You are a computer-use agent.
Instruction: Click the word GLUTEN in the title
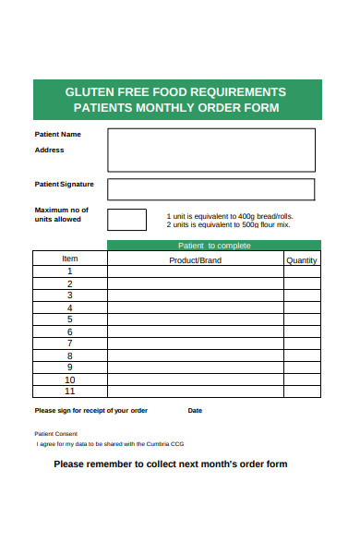tap(88, 92)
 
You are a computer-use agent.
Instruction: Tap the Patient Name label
tap(57, 135)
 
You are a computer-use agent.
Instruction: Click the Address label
tap(49, 150)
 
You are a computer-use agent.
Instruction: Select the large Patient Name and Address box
tap(210, 150)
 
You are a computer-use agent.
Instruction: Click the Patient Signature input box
tap(210, 189)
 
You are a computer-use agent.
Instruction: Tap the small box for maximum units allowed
tap(126, 220)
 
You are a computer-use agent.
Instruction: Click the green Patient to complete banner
tap(214, 246)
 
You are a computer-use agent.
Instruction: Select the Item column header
tap(70, 259)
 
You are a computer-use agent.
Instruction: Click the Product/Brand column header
tap(195, 260)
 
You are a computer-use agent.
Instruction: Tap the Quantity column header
tap(302, 260)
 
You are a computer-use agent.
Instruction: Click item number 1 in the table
tap(70, 271)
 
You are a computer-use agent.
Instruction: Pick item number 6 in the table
tap(70, 331)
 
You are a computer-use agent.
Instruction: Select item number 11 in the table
tap(70, 391)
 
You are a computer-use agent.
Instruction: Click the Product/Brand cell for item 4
tap(195, 307)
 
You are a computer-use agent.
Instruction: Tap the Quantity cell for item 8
tap(302, 355)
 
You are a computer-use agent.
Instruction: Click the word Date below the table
tap(195, 411)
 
